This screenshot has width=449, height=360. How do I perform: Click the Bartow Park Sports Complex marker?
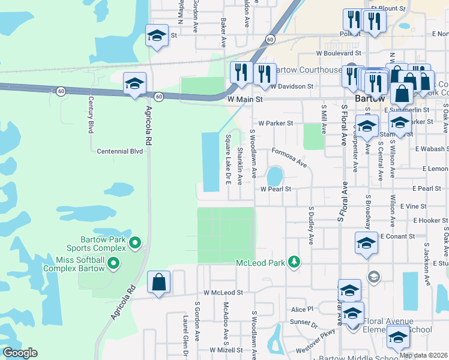pos(136,243)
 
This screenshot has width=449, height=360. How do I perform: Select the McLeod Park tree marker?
pos(294,262)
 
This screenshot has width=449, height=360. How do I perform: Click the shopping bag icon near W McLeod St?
pos(159,283)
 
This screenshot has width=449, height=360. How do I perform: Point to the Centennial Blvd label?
pos(120,151)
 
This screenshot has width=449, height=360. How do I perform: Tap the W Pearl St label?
pos(276,189)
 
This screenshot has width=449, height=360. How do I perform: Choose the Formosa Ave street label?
pos(289,158)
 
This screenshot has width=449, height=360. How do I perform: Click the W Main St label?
pos(245,98)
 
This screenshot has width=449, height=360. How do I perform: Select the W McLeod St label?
pos(223,293)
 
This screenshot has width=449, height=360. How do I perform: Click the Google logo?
pos(20,353)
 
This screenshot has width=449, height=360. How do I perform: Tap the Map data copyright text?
pos(423,355)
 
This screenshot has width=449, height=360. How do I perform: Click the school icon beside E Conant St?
pos(366,243)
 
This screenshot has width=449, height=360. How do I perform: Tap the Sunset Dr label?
pos(304,325)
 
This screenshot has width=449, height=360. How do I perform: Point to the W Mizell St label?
pos(226,350)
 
